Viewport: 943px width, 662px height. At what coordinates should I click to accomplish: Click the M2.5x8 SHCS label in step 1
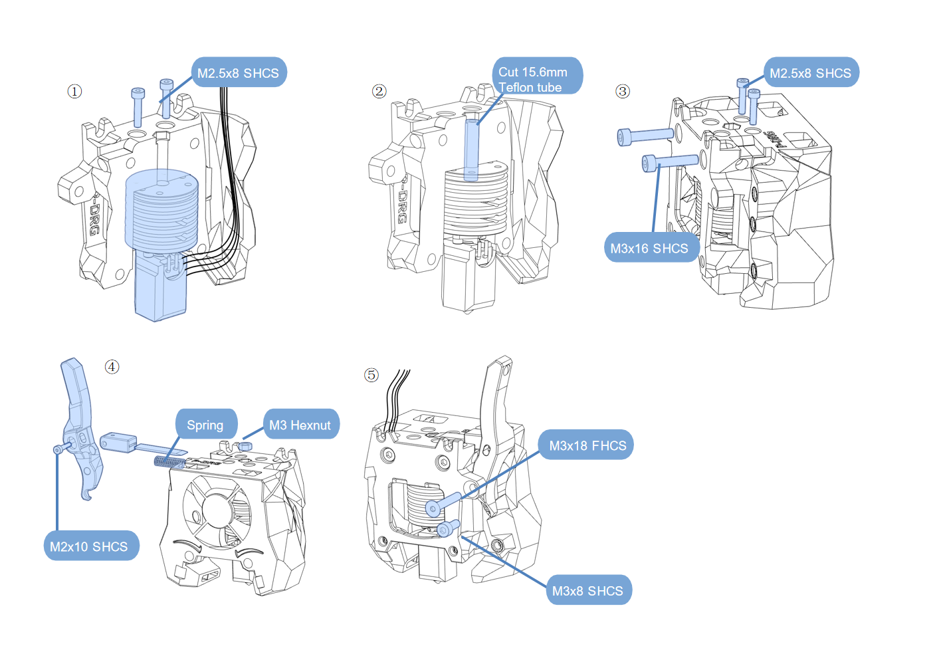pos(239,73)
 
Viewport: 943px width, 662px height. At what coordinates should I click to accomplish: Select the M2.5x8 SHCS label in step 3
pos(810,73)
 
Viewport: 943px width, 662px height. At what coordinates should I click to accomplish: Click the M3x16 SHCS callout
pos(650,248)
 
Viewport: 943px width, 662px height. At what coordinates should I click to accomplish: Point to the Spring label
pos(205,425)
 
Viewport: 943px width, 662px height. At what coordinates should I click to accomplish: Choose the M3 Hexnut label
pos(300,425)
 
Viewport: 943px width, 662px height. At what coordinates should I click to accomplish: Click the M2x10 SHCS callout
pos(90,546)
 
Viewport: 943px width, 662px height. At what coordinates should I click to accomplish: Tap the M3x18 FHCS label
pos(587,445)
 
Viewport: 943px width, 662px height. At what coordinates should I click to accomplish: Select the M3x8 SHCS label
pos(587,590)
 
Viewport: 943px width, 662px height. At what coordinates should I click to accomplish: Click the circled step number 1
pos(74,91)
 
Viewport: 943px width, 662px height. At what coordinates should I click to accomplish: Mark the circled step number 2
pos(379,91)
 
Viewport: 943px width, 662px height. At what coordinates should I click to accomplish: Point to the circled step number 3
pos(623,91)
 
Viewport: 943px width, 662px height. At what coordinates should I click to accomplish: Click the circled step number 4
pos(112,367)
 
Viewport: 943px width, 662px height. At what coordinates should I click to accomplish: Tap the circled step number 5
pos(371,375)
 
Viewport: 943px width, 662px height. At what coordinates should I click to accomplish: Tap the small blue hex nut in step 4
pos(246,445)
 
